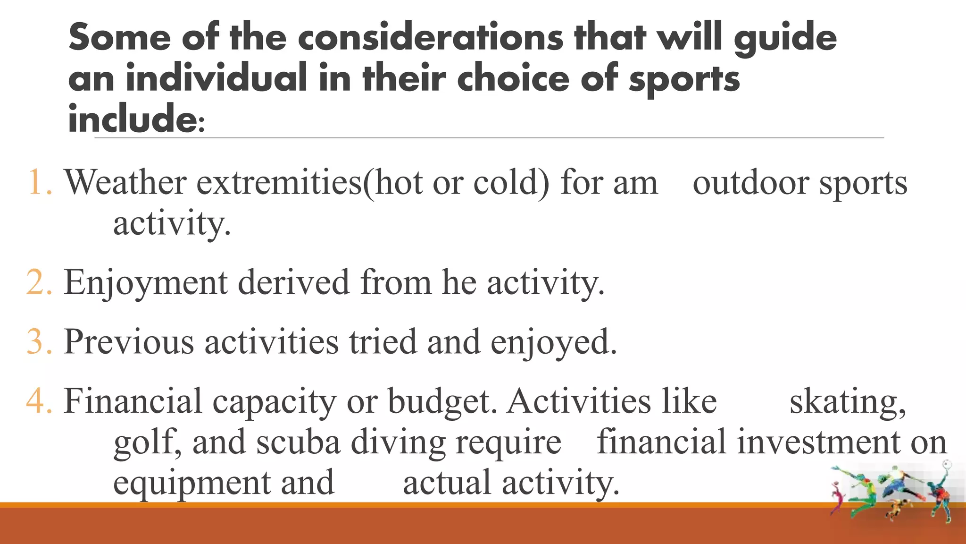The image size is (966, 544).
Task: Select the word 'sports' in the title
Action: [x=684, y=78]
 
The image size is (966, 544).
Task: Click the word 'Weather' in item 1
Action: [x=125, y=182]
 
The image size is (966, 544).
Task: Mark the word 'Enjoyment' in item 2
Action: [x=146, y=282]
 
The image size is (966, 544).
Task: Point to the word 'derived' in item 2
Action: [x=293, y=282]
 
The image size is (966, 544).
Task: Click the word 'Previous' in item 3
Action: [x=129, y=341]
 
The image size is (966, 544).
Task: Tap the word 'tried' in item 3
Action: [x=383, y=341]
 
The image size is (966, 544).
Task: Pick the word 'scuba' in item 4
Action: [x=298, y=442]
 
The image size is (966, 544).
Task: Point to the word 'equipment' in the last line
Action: [x=192, y=483]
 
